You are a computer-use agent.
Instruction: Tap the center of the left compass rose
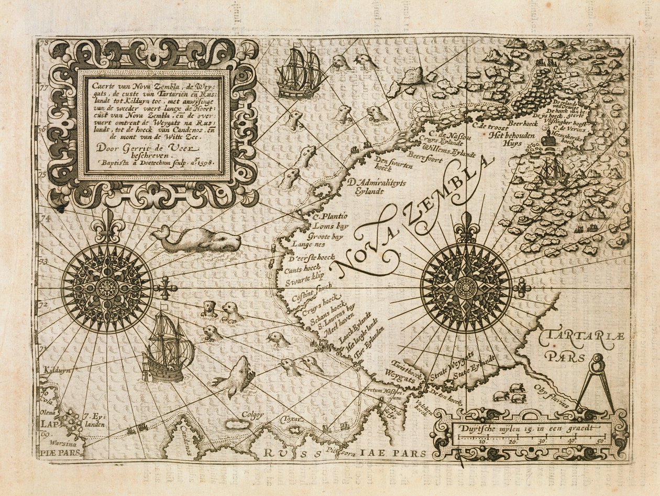(107, 288)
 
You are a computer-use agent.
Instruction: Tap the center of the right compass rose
(466, 288)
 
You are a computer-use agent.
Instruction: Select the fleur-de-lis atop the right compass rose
(466, 227)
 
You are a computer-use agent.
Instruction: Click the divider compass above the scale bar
(597, 383)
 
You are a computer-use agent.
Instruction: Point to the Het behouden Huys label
(511, 138)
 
